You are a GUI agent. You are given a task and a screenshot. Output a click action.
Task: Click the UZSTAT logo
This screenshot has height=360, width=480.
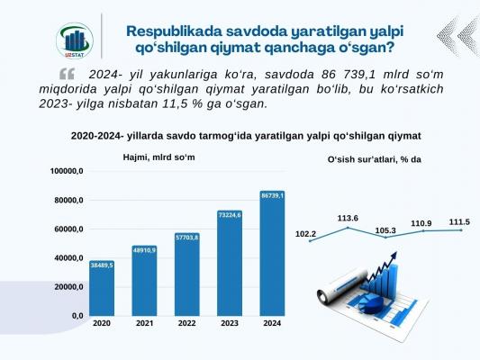[75, 40]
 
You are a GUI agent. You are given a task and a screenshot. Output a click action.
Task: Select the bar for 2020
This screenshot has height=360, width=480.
[102, 288]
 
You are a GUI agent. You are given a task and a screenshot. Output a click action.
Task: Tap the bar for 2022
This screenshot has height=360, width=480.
[187, 274]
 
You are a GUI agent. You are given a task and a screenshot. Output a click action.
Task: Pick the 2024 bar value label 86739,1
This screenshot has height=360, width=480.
[272, 195]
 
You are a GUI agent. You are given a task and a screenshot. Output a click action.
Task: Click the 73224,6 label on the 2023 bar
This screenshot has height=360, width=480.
[230, 215]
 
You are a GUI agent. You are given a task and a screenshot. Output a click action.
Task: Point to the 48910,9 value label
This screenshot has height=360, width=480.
[144, 250]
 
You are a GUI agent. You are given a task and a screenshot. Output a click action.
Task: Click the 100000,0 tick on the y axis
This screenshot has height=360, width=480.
[67, 171]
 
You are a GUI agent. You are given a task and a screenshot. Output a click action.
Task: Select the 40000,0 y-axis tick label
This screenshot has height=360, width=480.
[68, 258]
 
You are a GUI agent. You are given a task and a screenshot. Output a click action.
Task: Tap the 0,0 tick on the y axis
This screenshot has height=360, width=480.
[77, 316]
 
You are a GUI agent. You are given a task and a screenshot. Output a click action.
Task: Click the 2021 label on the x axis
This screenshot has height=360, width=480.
[144, 323]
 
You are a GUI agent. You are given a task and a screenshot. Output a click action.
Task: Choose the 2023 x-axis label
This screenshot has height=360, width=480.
[230, 323]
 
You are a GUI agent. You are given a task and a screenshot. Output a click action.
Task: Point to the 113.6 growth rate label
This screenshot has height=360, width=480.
[348, 219]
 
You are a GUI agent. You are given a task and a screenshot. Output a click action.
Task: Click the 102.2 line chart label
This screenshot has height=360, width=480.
[305, 234]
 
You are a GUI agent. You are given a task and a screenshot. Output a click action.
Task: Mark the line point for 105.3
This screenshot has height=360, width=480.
[385, 238]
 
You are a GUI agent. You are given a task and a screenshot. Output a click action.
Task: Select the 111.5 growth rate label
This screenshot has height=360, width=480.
[459, 222]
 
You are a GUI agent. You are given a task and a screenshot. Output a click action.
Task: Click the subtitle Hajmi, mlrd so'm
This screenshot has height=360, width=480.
[158, 157]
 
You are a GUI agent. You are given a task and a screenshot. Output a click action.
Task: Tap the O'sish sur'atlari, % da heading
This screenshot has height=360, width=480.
[375, 159]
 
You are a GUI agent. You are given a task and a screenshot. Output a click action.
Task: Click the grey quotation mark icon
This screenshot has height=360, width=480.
[67, 74]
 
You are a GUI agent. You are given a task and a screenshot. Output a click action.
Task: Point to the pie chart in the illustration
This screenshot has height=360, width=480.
[371, 304]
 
